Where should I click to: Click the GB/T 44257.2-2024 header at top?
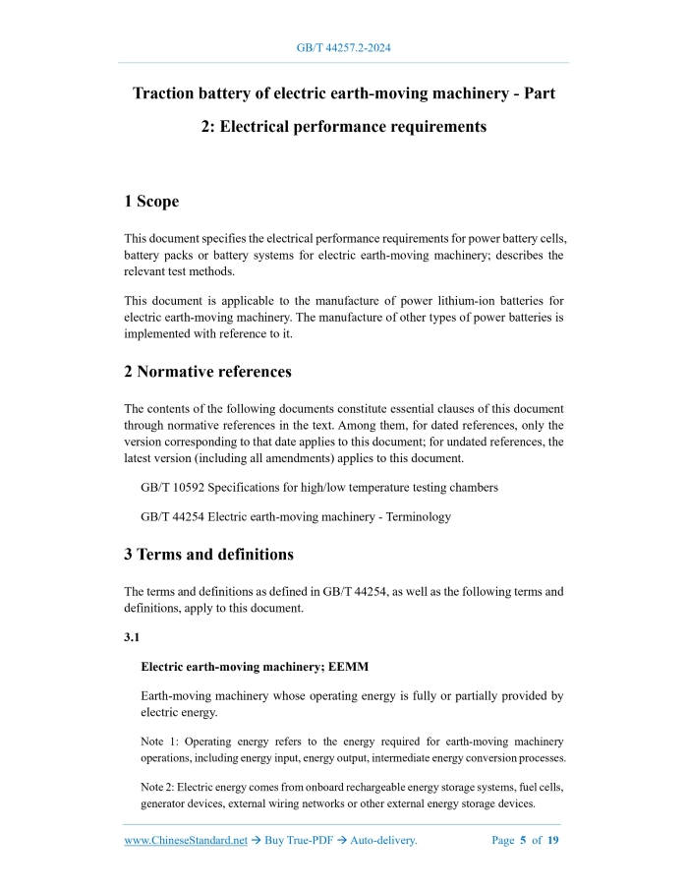(344, 47)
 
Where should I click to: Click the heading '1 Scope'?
(151, 202)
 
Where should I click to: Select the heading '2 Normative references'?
(207, 372)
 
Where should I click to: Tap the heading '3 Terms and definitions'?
(208, 555)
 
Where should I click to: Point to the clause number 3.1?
(132, 638)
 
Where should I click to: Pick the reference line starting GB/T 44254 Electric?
(295, 516)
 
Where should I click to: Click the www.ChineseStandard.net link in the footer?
(186, 841)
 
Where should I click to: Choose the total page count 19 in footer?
(553, 841)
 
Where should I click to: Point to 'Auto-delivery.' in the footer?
(375, 841)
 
